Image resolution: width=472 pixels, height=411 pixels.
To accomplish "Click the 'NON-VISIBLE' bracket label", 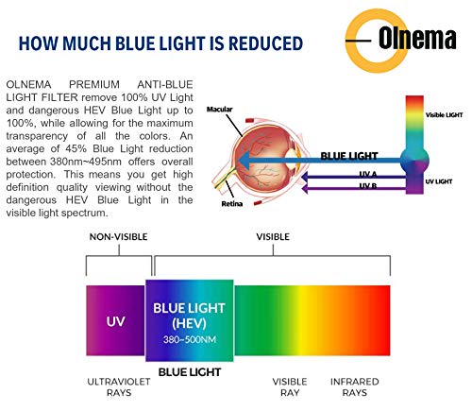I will [x=117, y=238].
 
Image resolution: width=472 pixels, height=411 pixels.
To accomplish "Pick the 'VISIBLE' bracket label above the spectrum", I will [x=271, y=238].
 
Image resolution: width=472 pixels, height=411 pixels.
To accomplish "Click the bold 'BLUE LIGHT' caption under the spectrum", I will [x=189, y=372].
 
